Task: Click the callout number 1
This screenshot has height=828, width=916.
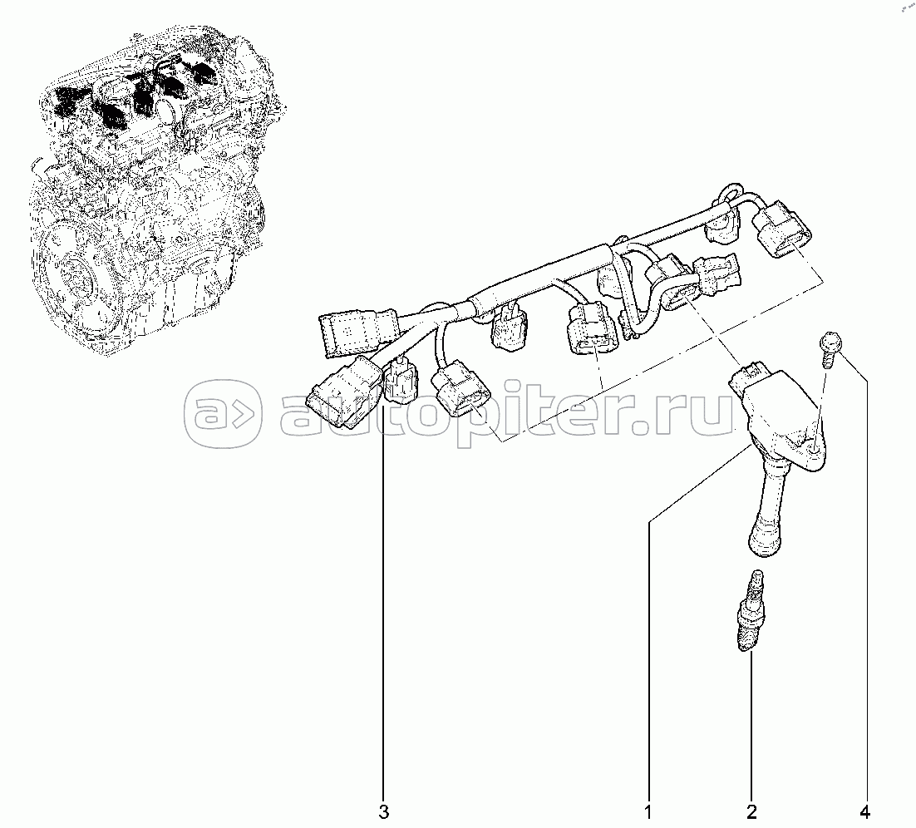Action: [648, 811]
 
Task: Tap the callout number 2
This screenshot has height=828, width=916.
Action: [751, 811]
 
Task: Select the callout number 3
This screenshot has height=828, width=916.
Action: [383, 811]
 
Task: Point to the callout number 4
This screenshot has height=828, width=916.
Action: [865, 811]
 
